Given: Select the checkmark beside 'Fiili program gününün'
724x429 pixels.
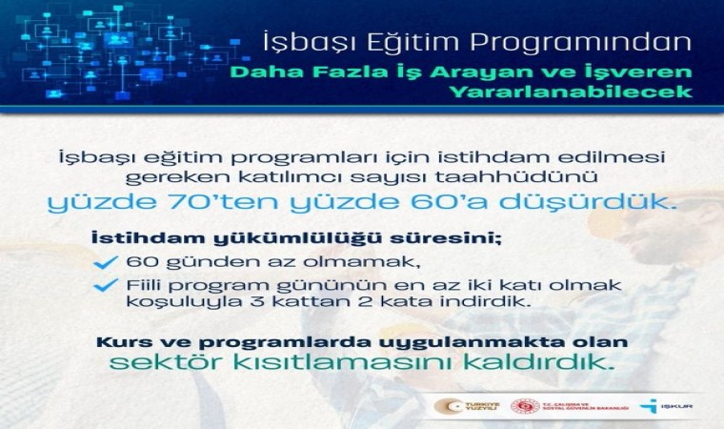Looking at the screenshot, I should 112,284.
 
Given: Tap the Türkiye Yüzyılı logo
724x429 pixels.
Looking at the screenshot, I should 463,405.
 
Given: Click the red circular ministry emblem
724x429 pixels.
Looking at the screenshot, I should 524,405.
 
